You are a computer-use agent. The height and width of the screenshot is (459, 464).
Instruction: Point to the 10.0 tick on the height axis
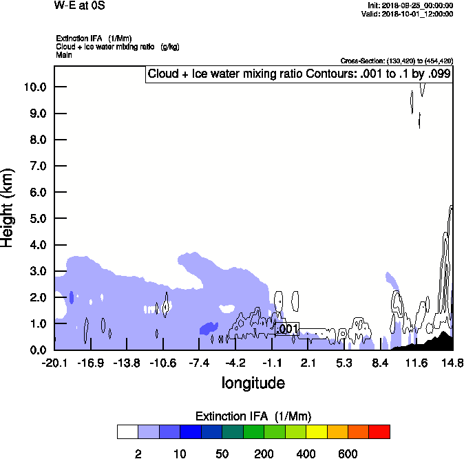pos(34,87)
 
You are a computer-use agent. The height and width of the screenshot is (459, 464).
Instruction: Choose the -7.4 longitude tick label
pos(199,362)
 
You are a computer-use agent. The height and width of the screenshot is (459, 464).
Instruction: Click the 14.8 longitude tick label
pos(452,362)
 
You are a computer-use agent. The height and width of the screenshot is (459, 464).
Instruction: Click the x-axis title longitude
pos(253,382)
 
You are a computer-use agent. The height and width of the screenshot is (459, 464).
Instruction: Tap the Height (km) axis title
pos(8,207)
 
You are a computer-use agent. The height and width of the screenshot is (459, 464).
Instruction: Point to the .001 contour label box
pos(286,329)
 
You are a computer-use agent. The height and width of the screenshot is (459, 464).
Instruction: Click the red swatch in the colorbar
pos(379,431)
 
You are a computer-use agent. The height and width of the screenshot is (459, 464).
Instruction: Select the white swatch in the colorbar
pos(127,431)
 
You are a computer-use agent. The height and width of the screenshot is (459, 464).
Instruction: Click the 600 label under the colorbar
pos(348,453)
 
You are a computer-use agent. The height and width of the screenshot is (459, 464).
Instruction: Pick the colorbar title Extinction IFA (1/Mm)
pos(253,416)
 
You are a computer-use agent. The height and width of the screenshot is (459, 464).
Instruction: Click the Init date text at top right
pos(410,6)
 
